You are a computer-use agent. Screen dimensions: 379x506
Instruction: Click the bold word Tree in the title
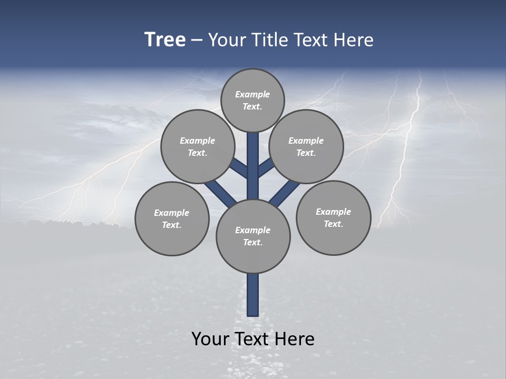pos(165,40)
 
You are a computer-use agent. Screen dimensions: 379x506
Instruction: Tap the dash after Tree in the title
pos(197,41)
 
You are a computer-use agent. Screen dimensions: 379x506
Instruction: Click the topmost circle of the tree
pos(252,100)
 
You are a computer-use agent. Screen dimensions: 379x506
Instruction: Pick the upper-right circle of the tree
pos(306,146)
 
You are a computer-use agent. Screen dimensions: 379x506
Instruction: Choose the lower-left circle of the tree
pos(172,218)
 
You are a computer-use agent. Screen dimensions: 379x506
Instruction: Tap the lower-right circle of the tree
pos(333,217)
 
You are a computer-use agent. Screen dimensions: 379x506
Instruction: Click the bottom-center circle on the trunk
pos(253,236)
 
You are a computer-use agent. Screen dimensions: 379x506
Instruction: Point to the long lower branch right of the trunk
pos(285,193)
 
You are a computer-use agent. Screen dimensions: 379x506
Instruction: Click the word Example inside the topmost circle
pos(252,94)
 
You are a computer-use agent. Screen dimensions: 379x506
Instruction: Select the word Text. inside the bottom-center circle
pos(252,243)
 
